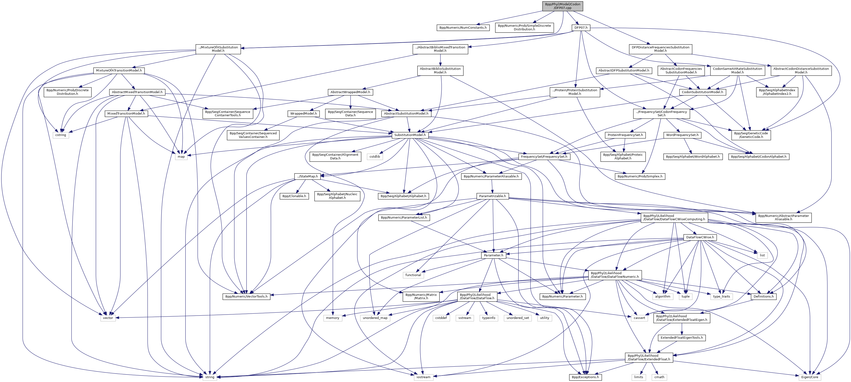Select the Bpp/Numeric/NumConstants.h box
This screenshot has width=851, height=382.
click(x=463, y=28)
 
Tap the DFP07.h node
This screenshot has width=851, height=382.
click(x=581, y=28)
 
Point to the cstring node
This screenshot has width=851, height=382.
click(x=61, y=135)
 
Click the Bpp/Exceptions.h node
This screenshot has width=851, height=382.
click(x=585, y=377)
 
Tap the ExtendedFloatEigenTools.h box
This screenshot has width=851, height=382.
click(x=681, y=338)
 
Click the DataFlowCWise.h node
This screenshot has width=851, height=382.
click(x=700, y=237)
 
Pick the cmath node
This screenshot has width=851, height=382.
click(x=659, y=377)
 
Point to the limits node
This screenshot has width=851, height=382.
click(x=639, y=377)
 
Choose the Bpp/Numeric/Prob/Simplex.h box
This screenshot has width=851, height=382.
click(x=640, y=176)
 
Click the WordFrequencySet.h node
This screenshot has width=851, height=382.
click(x=682, y=135)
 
